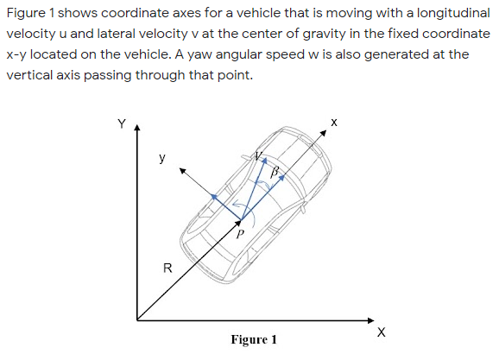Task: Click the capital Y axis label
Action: pyautogui.click(x=123, y=123)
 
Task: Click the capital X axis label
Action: pyautogui.click(x=381, y=332)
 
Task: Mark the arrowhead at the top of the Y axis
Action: pyautogui.click(x=136, y=129)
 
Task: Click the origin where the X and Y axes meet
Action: pyautogui.click(x=136, y=319)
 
